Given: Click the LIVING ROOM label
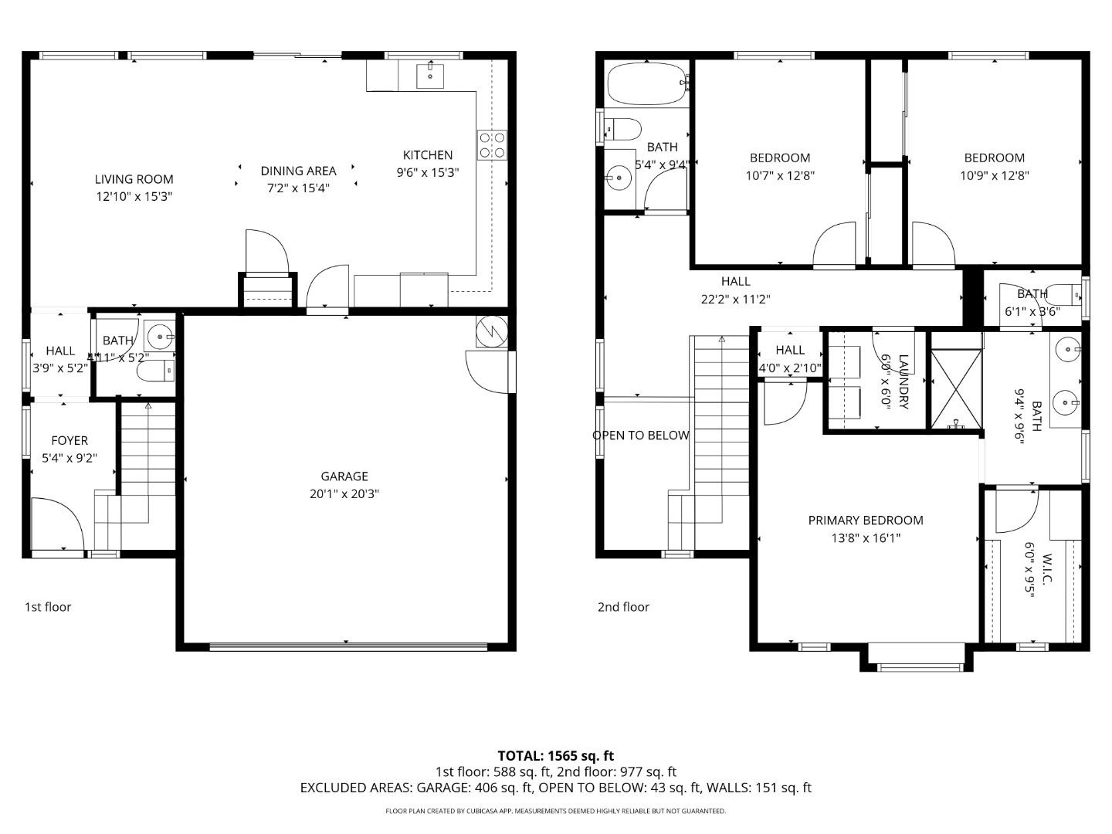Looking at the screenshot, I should click(x=134, y=179).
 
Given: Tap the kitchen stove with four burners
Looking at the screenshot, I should click(x=492, y=144).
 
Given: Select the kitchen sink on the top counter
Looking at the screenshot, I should click(x=429, y=76).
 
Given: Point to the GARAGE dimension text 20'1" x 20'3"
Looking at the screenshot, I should click(x=344, y=494).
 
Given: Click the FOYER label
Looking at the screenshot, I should click(x=69, y=440).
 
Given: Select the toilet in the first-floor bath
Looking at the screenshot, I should click(x=155, y=372).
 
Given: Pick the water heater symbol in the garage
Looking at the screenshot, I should click(x=492, y=331).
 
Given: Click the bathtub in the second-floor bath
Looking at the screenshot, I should click(x=647, y=83).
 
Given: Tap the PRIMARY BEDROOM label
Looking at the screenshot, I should click(x=866, y=520).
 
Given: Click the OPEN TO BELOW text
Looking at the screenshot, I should click(x=640, y=435).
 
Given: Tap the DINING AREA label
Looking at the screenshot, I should click(x=298, y=171).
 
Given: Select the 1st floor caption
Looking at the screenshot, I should click(x=48, y=607).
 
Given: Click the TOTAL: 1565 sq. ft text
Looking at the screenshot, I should click(x=555, y=755).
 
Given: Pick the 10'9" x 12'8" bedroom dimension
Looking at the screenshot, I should click(x=994, y=175).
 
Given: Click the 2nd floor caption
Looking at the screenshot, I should click(x=623, y=607).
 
